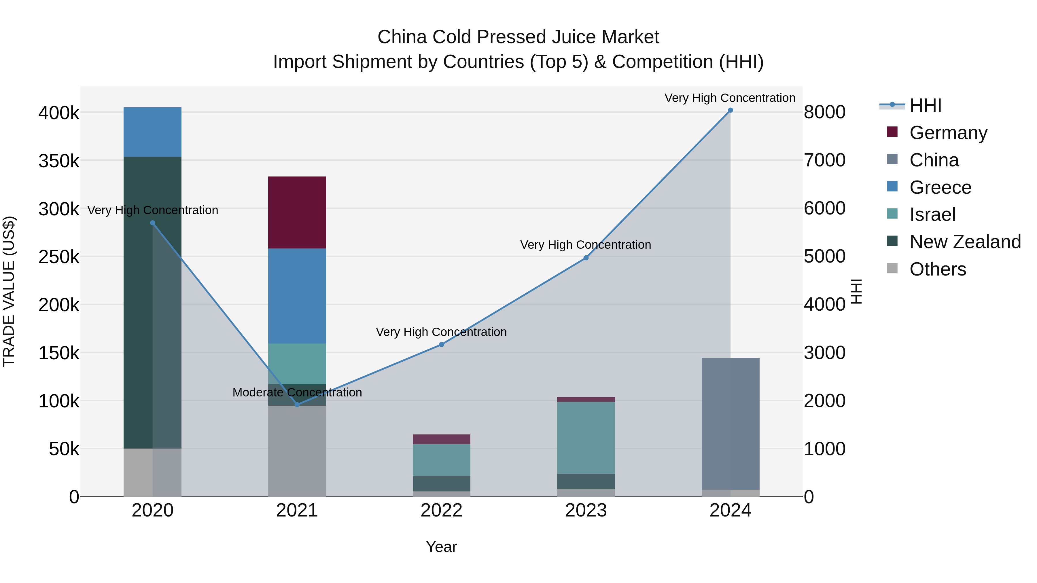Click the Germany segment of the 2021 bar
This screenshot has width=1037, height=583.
coord(297,212)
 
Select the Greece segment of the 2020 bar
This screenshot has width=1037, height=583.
coord(153,132)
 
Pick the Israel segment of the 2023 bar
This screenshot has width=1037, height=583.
coord(586,438)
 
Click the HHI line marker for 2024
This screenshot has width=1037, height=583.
coord(730,110)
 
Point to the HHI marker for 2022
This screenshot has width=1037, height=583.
coord(441,344)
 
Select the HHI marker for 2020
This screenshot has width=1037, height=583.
coord(153,223)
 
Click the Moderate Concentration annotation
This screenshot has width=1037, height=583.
coord(297,392)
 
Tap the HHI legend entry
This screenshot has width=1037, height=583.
coord(925,105)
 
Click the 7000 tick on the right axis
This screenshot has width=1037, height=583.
coord(824,160)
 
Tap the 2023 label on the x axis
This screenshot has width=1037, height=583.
coord(586,510)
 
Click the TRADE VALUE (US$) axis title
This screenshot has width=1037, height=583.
coord(9,291)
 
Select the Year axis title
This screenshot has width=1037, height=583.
coord(441,547)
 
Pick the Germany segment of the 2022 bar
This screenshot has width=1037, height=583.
coord(441,439)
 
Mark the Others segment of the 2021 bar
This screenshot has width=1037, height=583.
coord(297,451)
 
